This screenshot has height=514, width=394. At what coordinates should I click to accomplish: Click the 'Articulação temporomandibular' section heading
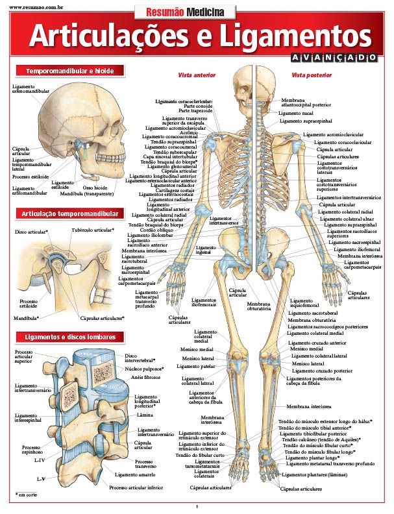tap(68, 214)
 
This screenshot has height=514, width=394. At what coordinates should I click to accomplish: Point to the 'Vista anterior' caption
tap(197, 75)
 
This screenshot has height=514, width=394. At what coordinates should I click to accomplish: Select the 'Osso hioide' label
tap(95, 188)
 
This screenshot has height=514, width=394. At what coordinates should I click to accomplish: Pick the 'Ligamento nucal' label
tap(296, 113)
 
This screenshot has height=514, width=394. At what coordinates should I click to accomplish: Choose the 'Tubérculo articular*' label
tap(93, 230)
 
